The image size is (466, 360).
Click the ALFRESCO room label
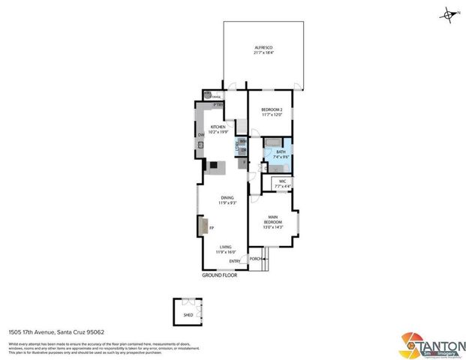[x=262, y=46]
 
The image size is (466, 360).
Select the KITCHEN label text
[x=218, y=127]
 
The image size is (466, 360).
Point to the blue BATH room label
[x=281, y=152]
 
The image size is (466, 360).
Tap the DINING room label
[x=227, y=198]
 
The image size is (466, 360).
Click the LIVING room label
[x=227, y=247]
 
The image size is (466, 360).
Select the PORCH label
[x=256, y=259]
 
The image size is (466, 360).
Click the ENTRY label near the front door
[x=235, y=261]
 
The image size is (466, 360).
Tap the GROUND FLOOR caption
[x=219, y=275]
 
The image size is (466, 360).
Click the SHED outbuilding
[x=188, y=310]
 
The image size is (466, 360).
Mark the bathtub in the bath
[x=271, y=142]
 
